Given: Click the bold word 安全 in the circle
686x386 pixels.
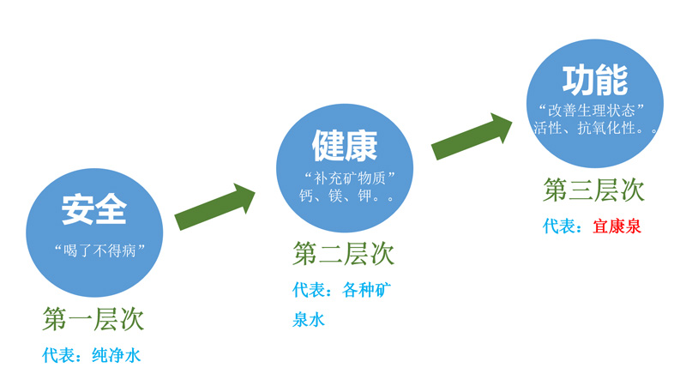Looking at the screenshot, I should (93, 210).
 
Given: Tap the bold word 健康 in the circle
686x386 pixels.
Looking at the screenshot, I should (344, 147).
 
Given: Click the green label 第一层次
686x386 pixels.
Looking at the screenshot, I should (93, 319).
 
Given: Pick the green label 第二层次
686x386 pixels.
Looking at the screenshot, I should (344, 254).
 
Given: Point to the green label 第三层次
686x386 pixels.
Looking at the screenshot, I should (593, 190).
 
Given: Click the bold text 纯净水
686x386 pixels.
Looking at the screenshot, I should (116, 354).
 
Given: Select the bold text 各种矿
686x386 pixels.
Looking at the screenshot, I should (367, 290).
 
